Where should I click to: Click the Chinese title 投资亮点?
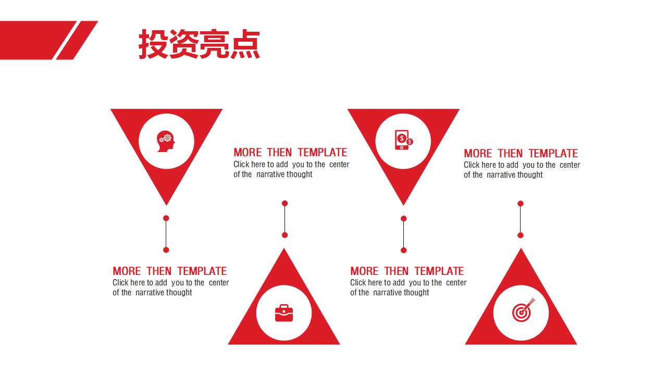click(199, 44)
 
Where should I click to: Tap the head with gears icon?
click(166, 141)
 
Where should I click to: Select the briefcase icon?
click(284, 313)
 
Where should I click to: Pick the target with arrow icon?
click(523, 311)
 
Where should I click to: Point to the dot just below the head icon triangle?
click(166, 218)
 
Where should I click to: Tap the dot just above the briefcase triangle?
click(285, 235)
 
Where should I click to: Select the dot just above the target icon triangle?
click(520, 235)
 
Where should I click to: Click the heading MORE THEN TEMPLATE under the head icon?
click(170, 271)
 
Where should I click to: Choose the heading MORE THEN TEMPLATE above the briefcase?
click(290, 153)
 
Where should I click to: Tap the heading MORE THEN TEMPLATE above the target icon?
click(521, 154)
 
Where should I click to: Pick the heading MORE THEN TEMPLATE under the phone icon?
click(407, 271)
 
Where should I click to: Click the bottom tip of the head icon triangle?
click(166, 204)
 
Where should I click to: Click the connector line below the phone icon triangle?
click(403, 234)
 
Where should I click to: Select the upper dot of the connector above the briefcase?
click(285, 203)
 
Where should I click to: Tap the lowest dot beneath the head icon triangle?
click(166, 250)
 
